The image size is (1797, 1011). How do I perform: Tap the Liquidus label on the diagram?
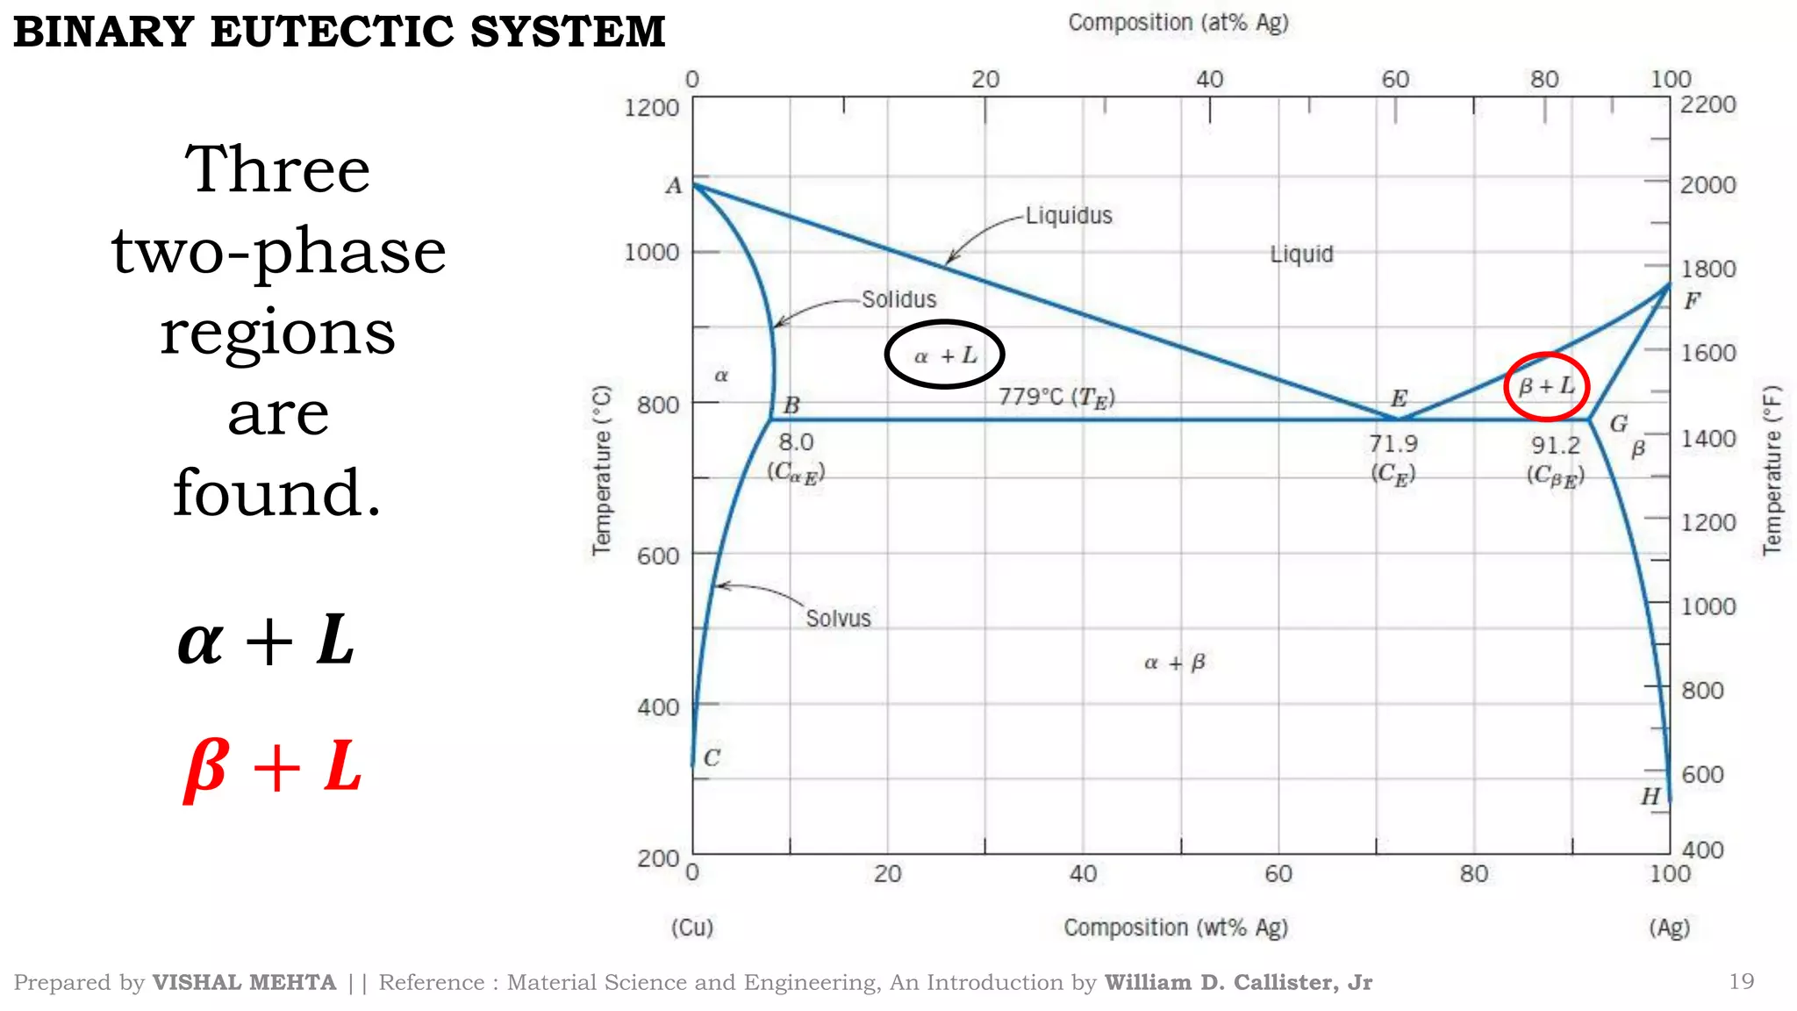(x=1069, y=216)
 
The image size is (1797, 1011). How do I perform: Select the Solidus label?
(x=898, y=300)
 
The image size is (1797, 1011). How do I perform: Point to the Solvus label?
(x=838, y=619)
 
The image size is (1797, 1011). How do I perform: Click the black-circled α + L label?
(x=944, y=355)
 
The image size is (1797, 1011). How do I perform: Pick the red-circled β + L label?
(x=1546, y=386)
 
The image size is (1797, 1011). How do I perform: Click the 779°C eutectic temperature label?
(x=1056, y=398)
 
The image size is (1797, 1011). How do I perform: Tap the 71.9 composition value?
(x=1393, y=444)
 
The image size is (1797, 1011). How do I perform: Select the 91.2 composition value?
(x=1556, y=446)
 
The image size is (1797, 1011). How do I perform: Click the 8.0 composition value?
(x=796, y=442)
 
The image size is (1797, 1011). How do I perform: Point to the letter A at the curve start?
(x=673, y=186)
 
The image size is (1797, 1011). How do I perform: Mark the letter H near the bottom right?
(x=1650, y=796)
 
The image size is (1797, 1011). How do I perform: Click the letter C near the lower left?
(x=712, y=757)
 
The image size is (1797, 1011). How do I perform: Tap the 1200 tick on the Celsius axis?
(x=651, y=108)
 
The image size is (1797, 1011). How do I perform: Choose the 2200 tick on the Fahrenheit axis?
(x=1708, y=104)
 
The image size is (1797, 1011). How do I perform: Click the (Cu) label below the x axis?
(x=692, y=928)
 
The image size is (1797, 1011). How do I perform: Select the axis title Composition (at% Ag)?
(x=1178, y=23)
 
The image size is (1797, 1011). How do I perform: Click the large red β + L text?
(x=273, y=767)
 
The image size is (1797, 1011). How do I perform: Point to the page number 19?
(x=1741, y=981)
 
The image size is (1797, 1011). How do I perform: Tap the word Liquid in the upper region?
(x=1301, y=255)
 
